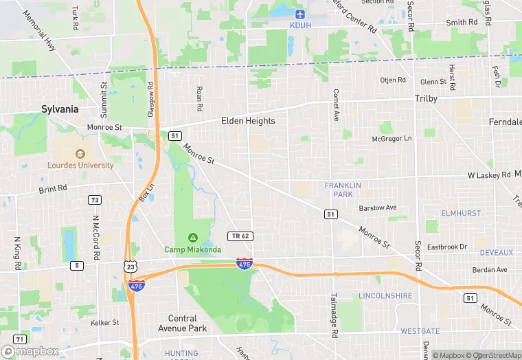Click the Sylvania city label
pyautogui.click(x=60, y=109)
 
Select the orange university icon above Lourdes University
pyautogui.click(x=80, y=153)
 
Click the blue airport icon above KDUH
pyautogui.click(x=299, y=14)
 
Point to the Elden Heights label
pyautogui.click(x=248, y=121)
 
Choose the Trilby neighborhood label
pyautogui.click(x=426, y=99)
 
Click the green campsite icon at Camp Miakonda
pyautogui.click(x=193, y=237)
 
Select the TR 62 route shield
pyautogui.click(x=240, y=236)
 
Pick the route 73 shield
pyautogui.click(x=95, y=200)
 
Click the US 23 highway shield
pyautogui.click(x=131, y=266)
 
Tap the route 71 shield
pyautogui.click(x=20, y=339)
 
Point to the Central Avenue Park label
pyautogui.click(x=188, y=323)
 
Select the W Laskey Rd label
pyautogui.click(x=489, y=175)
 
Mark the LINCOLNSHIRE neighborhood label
pyautogui.click(x=385, y=295)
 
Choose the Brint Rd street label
pyautogui.click(x=53, y=188)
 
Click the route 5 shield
pyautogui.click(x=76, y=265)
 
